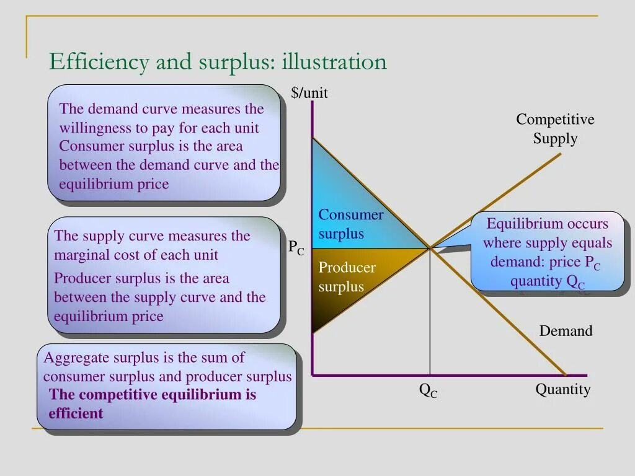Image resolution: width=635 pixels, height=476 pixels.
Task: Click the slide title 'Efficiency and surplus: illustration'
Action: pos(218,62)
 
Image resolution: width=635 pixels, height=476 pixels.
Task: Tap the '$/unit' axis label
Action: pos(309,93)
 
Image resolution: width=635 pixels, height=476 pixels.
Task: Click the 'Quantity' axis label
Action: pos(563,389)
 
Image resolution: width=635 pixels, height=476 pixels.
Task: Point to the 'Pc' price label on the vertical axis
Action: pos(296,247)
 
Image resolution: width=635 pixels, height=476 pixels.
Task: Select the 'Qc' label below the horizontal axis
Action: pos(428,390)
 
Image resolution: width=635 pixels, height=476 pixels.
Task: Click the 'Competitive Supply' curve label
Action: pos(555,129)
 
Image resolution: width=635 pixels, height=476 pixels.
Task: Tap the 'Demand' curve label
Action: pos(566,331)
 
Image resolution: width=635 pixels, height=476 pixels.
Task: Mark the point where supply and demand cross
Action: pos(430,248)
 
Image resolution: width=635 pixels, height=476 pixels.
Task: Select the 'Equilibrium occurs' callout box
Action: pos(547,252)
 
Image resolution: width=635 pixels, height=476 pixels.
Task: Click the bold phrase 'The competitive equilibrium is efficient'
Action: pos(152,404)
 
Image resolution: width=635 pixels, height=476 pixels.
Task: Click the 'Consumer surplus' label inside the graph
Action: pos(350,224)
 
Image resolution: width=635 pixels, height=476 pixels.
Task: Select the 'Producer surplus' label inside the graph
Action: pos(347,277)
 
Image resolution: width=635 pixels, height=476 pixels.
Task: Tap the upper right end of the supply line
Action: pos(560,153)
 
